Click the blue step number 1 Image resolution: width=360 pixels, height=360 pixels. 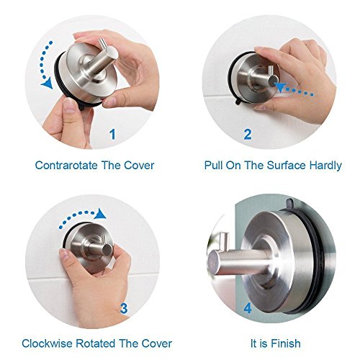(x=112, y=135)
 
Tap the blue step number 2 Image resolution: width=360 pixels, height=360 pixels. (x=248, y=135)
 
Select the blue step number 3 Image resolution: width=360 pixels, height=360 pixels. (x=124, y=308)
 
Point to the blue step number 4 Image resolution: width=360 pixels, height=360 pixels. (x=248, y=308)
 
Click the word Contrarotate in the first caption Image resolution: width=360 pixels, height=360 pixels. (x=66, y=166)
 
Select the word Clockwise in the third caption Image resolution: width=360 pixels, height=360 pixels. (x=48, y=343)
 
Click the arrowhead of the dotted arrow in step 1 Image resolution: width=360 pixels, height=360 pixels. (x=48, y=84)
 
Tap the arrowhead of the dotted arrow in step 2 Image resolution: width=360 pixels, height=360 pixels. (x=281, y=87)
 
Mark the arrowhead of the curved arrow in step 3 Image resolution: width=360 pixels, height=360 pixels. (x=100, y=214)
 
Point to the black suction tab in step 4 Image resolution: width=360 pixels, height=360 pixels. (x=290, y=202)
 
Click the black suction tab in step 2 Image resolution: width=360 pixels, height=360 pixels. (x=238, y=102)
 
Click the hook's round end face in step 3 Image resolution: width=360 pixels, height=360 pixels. (x=107, y=250)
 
